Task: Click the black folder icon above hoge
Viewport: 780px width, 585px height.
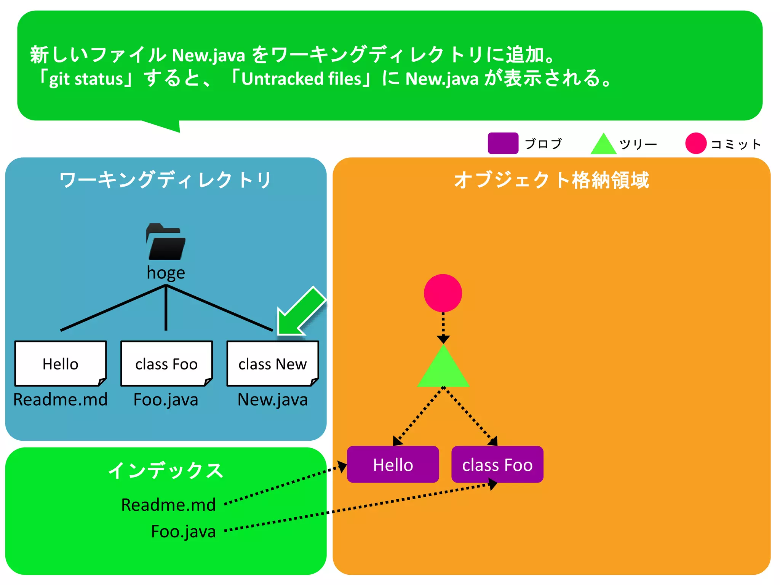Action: [166, 242]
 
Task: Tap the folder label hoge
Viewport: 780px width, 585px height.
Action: [166, 273]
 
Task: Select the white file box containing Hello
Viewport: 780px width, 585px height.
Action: [61, 364]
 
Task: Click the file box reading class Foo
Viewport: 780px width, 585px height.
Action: [166, 364]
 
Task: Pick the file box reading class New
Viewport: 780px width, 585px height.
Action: [273, 364]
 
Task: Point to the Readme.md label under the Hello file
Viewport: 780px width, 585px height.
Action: [61, 400]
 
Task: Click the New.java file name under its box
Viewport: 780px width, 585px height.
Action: [273, 400]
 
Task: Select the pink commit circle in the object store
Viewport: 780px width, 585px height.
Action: [443, 293]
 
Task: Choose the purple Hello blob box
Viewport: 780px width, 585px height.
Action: [393, 465]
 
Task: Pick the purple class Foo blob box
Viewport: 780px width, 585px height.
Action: [497, 465]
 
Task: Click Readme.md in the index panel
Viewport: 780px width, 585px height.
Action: [168, 505]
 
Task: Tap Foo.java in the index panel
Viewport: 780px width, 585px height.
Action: [183, 532]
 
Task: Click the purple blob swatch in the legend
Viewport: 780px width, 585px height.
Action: [503, 143]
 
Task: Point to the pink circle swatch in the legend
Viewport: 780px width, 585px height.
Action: [696, 144]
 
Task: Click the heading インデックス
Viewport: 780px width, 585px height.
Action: [166, 471]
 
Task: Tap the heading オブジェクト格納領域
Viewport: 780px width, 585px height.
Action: [551, 180]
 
